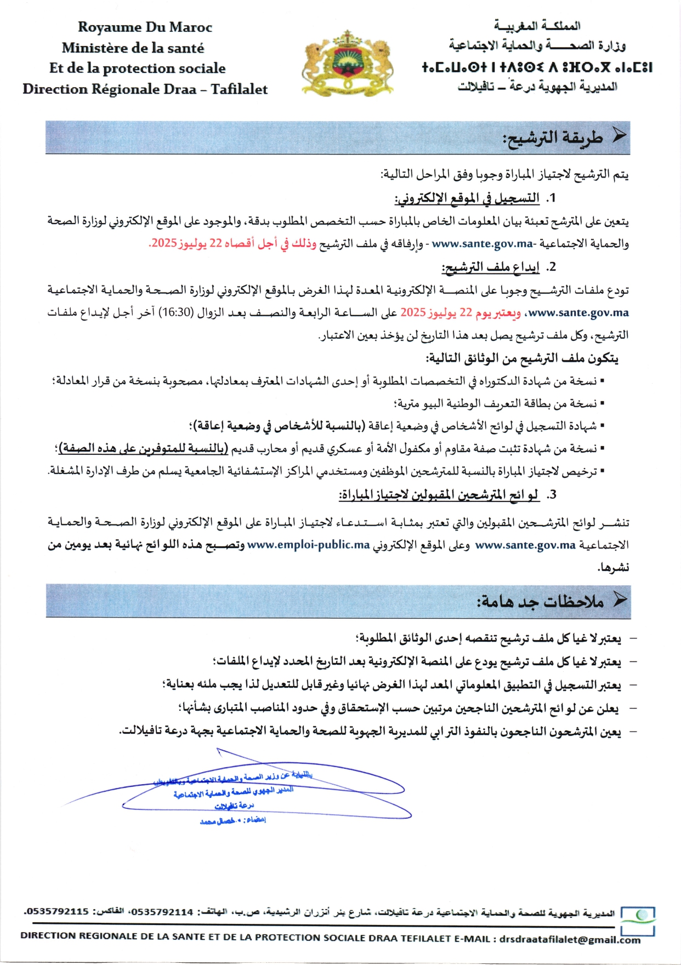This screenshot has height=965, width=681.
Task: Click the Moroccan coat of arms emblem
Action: pyautogui.click(x=348, y=62)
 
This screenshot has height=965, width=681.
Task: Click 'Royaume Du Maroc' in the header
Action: pyautogui.click(x=145, y=27)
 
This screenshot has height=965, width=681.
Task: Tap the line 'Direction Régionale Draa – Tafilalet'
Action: pyautogui.click(x=145, y=89)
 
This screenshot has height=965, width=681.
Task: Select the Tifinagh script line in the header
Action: pyautogui.click(x=537, y=67)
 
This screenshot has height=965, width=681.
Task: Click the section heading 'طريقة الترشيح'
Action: pyautogui.click(x=553, y=138)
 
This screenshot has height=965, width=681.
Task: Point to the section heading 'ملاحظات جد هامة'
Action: pyautogui.click(x=540, y=602)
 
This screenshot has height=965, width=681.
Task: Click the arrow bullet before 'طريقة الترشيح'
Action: pyautogui.click(x=618, y=137)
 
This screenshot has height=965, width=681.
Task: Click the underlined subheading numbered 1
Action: pyautogui.click(x=467, y=198)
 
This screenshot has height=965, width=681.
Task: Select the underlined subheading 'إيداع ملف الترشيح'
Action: pyautogui.click(x=491, y=267)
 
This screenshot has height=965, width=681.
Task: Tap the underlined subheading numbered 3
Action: pyautogui.click(x=439, y=495)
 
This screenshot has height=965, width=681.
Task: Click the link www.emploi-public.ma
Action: pyautogui.click(x=308, y=545)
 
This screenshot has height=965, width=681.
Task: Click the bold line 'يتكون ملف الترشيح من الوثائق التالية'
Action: pyautogui.click(x=522, y=358)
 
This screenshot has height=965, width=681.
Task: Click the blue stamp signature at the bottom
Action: pyautogui.click(x=236, y=795)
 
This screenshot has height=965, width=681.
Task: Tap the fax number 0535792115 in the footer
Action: pyautogui.click(x=57, y=911)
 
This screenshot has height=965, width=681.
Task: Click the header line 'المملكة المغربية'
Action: pyautogui.click(x=537, y=26)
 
